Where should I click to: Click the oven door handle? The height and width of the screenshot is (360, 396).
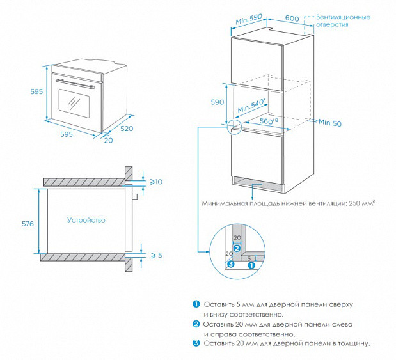75,84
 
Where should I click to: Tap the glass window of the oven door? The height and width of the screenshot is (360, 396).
74,104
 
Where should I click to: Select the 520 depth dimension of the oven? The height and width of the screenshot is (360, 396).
127,129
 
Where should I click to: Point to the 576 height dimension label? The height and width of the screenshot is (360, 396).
28,224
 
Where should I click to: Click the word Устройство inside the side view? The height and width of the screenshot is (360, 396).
86,220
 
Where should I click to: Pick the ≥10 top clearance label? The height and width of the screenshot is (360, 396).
156,182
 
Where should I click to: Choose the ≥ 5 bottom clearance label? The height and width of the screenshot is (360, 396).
157,256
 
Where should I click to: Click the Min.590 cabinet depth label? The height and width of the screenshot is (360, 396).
249,19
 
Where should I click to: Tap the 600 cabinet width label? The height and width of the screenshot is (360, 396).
292,18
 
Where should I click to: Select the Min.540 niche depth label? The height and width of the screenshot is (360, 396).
251,106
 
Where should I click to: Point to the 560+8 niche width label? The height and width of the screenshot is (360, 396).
269,121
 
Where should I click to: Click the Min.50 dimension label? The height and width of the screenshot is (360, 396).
330,123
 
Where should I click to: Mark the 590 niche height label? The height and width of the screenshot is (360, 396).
218,102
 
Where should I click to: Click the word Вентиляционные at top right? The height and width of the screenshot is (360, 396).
343,17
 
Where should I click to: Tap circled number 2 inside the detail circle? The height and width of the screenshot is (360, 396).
237,248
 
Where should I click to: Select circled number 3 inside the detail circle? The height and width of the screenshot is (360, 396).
231,264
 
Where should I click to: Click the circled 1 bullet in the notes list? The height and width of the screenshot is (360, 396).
196,304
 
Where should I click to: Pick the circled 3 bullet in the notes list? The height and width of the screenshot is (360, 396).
196,343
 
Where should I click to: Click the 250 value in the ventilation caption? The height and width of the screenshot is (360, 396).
354,203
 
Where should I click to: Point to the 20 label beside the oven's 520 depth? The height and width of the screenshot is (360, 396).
109,141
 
